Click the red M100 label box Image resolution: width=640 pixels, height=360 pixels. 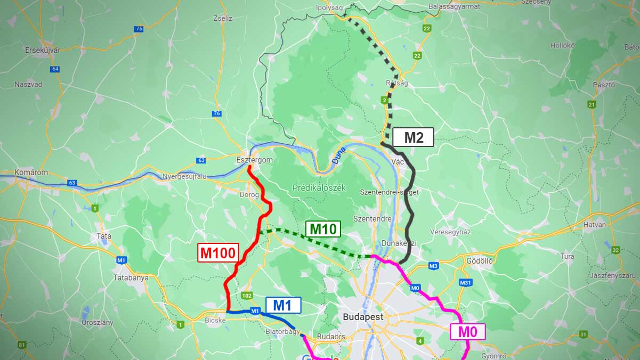click(218, 253)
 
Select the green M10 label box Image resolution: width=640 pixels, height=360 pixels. click(323, 229)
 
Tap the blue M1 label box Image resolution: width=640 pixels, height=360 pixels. click(283, 305)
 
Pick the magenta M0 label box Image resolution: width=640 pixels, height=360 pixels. click(468, 332)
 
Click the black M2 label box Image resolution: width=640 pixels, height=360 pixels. click(414, 137)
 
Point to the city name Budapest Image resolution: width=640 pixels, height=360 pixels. click(363, 316)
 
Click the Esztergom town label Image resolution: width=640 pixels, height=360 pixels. click(254, 160)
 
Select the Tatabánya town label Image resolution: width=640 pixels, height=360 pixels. click(131, 278)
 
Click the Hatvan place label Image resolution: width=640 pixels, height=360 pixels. click(595, 225)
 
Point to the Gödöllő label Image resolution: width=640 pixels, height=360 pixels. click(479, 261)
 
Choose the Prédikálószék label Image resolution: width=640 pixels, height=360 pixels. click(319, 188)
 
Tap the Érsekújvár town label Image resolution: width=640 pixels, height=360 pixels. click(42, 50)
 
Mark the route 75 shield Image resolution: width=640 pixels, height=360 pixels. click(139, 29)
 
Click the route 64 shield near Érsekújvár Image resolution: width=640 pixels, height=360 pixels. click(55, 69)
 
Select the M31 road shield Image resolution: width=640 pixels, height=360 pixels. click(466, 282)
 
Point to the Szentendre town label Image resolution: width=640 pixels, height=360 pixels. click(373, 219)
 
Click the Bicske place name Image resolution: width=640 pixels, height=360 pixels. click(216, 321)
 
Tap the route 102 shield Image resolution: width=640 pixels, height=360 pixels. click(246, 296)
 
